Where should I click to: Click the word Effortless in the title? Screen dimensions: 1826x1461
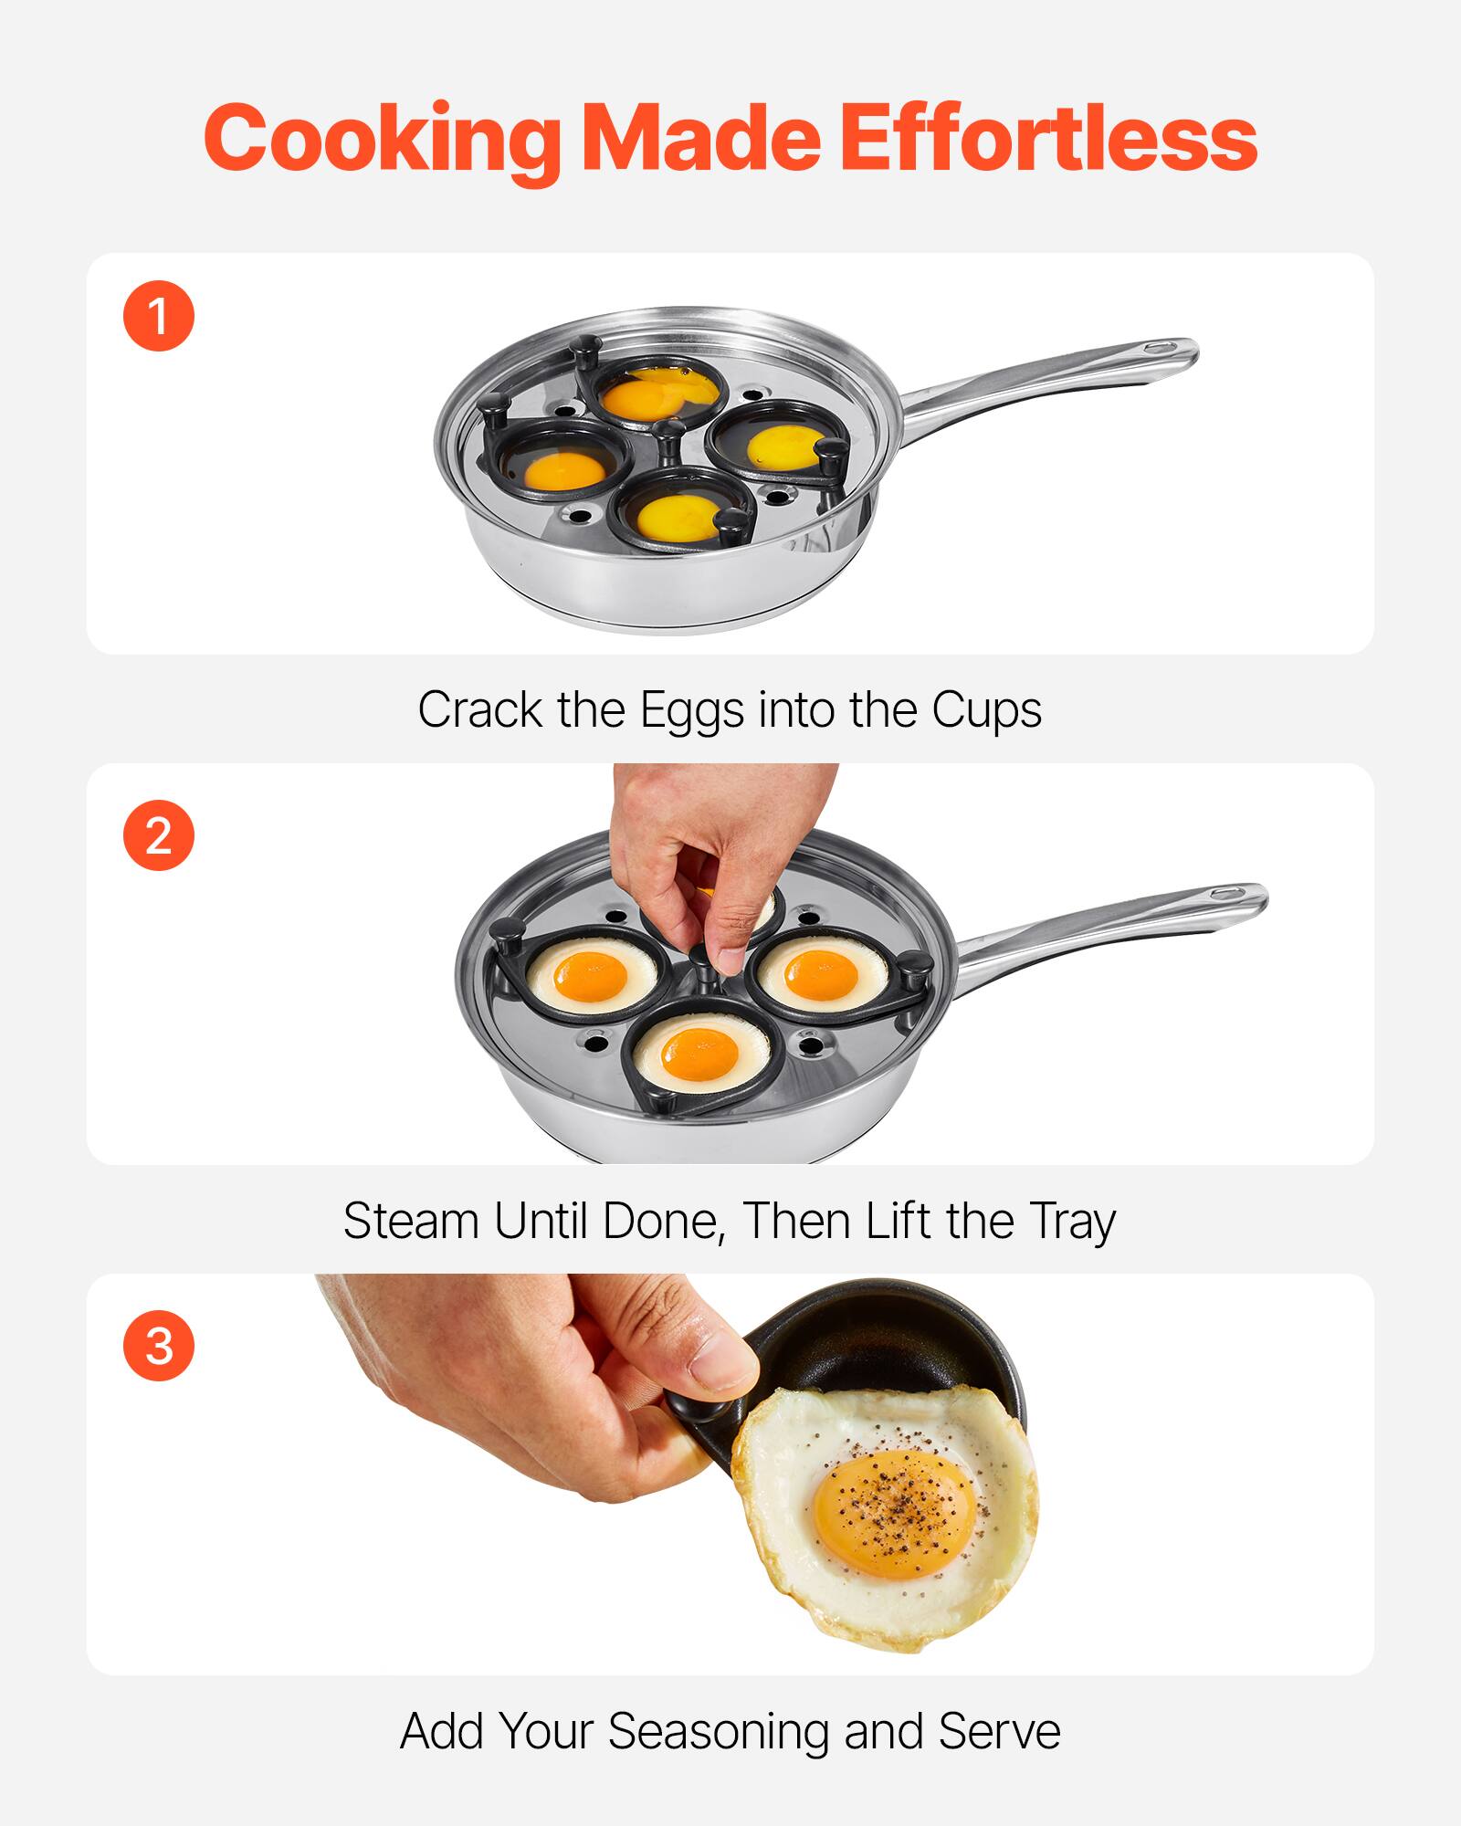(x=1047, y=139)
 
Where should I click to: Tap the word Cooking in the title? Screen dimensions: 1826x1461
(x=382, y=139)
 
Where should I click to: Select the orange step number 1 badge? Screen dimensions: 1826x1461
(x=159, y=316)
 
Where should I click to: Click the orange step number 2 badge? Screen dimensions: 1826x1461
(x=159, y=835)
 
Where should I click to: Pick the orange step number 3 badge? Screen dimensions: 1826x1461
(x=159, y=1346)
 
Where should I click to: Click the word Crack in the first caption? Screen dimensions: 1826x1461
(x=480, y=710)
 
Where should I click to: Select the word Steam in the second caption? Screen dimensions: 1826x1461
(x=411, y=1221)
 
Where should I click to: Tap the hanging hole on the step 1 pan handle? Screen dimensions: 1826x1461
(x=1162, y=348)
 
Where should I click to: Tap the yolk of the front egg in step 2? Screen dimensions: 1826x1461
(x=699, y=1055)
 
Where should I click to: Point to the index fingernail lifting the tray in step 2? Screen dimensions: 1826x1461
(x=730, y=959)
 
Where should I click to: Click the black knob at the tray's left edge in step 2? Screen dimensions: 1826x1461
(x=509, y=932)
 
